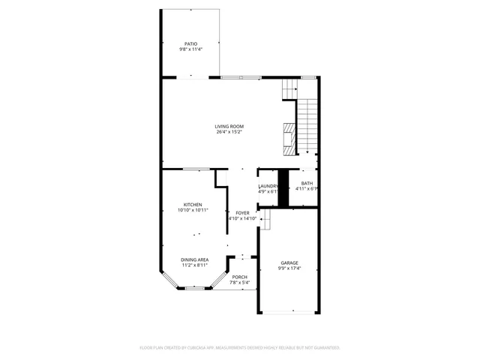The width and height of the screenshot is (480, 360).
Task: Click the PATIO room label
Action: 190,43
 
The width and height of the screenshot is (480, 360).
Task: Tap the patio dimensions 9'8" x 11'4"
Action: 190,49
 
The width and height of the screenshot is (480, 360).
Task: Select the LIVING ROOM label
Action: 229,127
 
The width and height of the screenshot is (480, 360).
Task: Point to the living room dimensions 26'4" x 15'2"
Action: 229,133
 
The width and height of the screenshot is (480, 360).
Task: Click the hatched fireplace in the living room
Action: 287,137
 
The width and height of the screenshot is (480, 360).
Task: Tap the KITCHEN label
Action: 193,205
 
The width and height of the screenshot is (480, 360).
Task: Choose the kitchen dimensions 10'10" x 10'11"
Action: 193,211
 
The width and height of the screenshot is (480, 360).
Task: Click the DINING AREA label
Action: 194,259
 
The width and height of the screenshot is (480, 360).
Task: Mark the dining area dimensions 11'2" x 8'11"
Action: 194,265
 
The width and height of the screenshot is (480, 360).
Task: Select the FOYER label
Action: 242,213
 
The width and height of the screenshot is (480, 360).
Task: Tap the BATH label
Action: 307,183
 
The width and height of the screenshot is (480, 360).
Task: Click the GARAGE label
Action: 289,262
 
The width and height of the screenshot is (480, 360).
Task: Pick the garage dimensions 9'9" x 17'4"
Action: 289,268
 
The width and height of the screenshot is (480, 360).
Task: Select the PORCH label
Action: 239,277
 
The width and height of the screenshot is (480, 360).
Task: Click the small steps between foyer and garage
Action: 264,219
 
